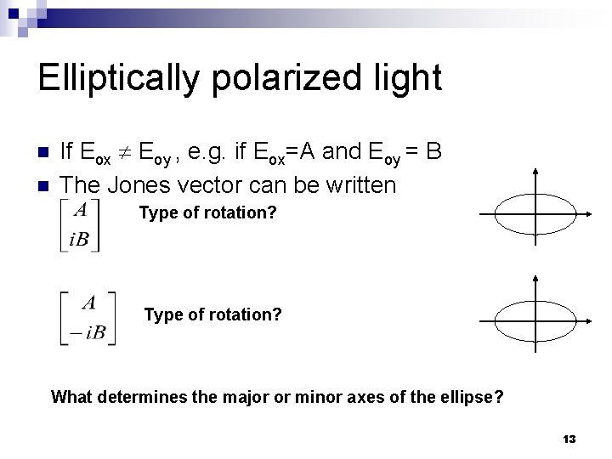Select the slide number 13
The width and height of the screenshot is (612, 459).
[x=569, y=439]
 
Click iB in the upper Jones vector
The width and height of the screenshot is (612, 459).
[x=79, y=239]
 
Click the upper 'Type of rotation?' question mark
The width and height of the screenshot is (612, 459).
[x=272, y=212]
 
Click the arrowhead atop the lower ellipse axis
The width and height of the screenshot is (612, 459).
[x=535, y=279]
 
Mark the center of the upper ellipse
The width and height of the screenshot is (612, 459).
[x=535, y=213]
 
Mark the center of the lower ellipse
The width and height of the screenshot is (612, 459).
[x=535, y=320]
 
